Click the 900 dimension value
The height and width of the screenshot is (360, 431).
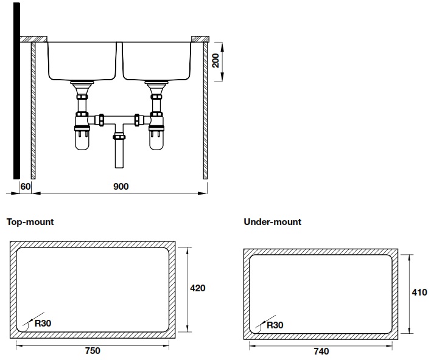[x=121, y=187]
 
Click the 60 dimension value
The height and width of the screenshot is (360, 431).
[x=25, y=187]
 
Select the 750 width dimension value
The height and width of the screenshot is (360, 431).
[x=93, y=351]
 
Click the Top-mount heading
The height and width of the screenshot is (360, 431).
[x=30, y=222]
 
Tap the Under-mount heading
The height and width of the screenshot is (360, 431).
[x=272, y=222]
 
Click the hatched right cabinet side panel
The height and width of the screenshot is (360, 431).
[x=206, y=109]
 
